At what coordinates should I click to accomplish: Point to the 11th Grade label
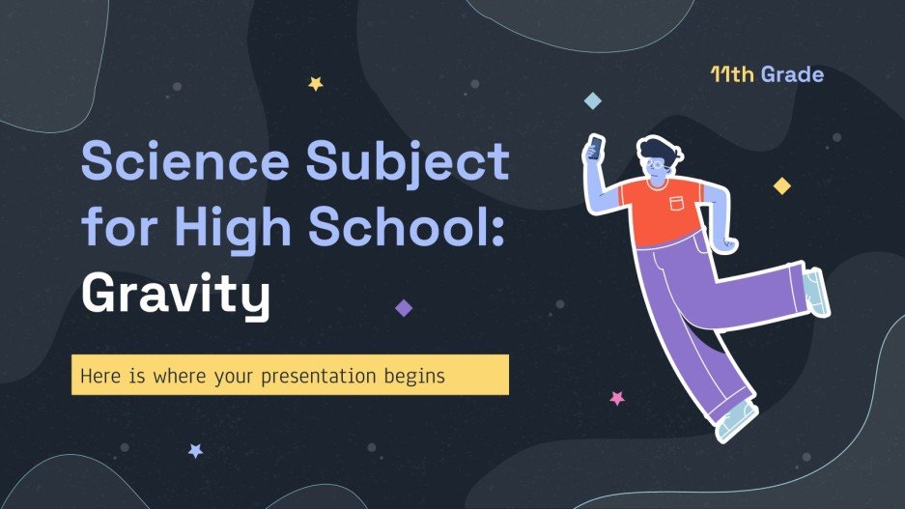(766, 74)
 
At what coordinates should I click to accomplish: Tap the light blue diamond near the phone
(593, 100)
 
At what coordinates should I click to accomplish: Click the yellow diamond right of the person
(781, 185)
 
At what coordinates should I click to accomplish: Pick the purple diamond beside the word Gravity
(404, 307)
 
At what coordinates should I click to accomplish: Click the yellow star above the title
(315, 84)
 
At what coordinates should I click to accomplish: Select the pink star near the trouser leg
(616, 398)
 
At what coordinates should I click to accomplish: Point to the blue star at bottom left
(195, 450)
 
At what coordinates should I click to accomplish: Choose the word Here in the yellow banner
(99, 375)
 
